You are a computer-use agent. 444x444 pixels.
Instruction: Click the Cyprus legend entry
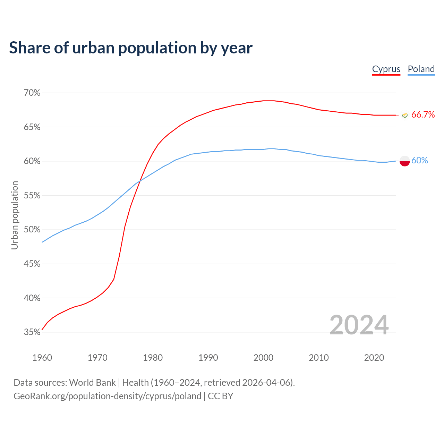click(386, 69)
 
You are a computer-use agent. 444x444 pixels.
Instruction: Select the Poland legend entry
click(421, 69)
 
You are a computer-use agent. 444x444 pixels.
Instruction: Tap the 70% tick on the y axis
click(32, 93)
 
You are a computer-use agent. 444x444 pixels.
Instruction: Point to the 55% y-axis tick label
click(32, 196)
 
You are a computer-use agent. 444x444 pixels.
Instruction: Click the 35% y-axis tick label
click(32, 332)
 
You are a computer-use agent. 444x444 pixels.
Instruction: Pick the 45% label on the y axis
click(32, 264)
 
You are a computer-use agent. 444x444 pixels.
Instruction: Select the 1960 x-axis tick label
click(42, 358)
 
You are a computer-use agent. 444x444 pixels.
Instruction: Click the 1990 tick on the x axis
click(208, 358)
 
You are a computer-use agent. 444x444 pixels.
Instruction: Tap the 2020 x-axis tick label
click(374, 358)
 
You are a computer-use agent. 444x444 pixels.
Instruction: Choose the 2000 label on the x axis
click(263, 358)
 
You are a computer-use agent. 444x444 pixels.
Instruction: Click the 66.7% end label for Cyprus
click(423, 115)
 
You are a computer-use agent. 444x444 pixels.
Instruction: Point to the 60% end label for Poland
click(419, 161)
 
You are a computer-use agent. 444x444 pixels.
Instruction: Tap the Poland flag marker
click(405, 161)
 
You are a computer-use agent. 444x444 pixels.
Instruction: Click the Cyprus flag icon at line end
click(404, 115)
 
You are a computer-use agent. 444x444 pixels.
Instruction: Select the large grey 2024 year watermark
click(359, 325)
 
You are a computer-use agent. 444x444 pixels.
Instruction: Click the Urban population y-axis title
click(15, 215)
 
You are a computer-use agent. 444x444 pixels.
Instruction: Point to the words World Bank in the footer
click(92, 383)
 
